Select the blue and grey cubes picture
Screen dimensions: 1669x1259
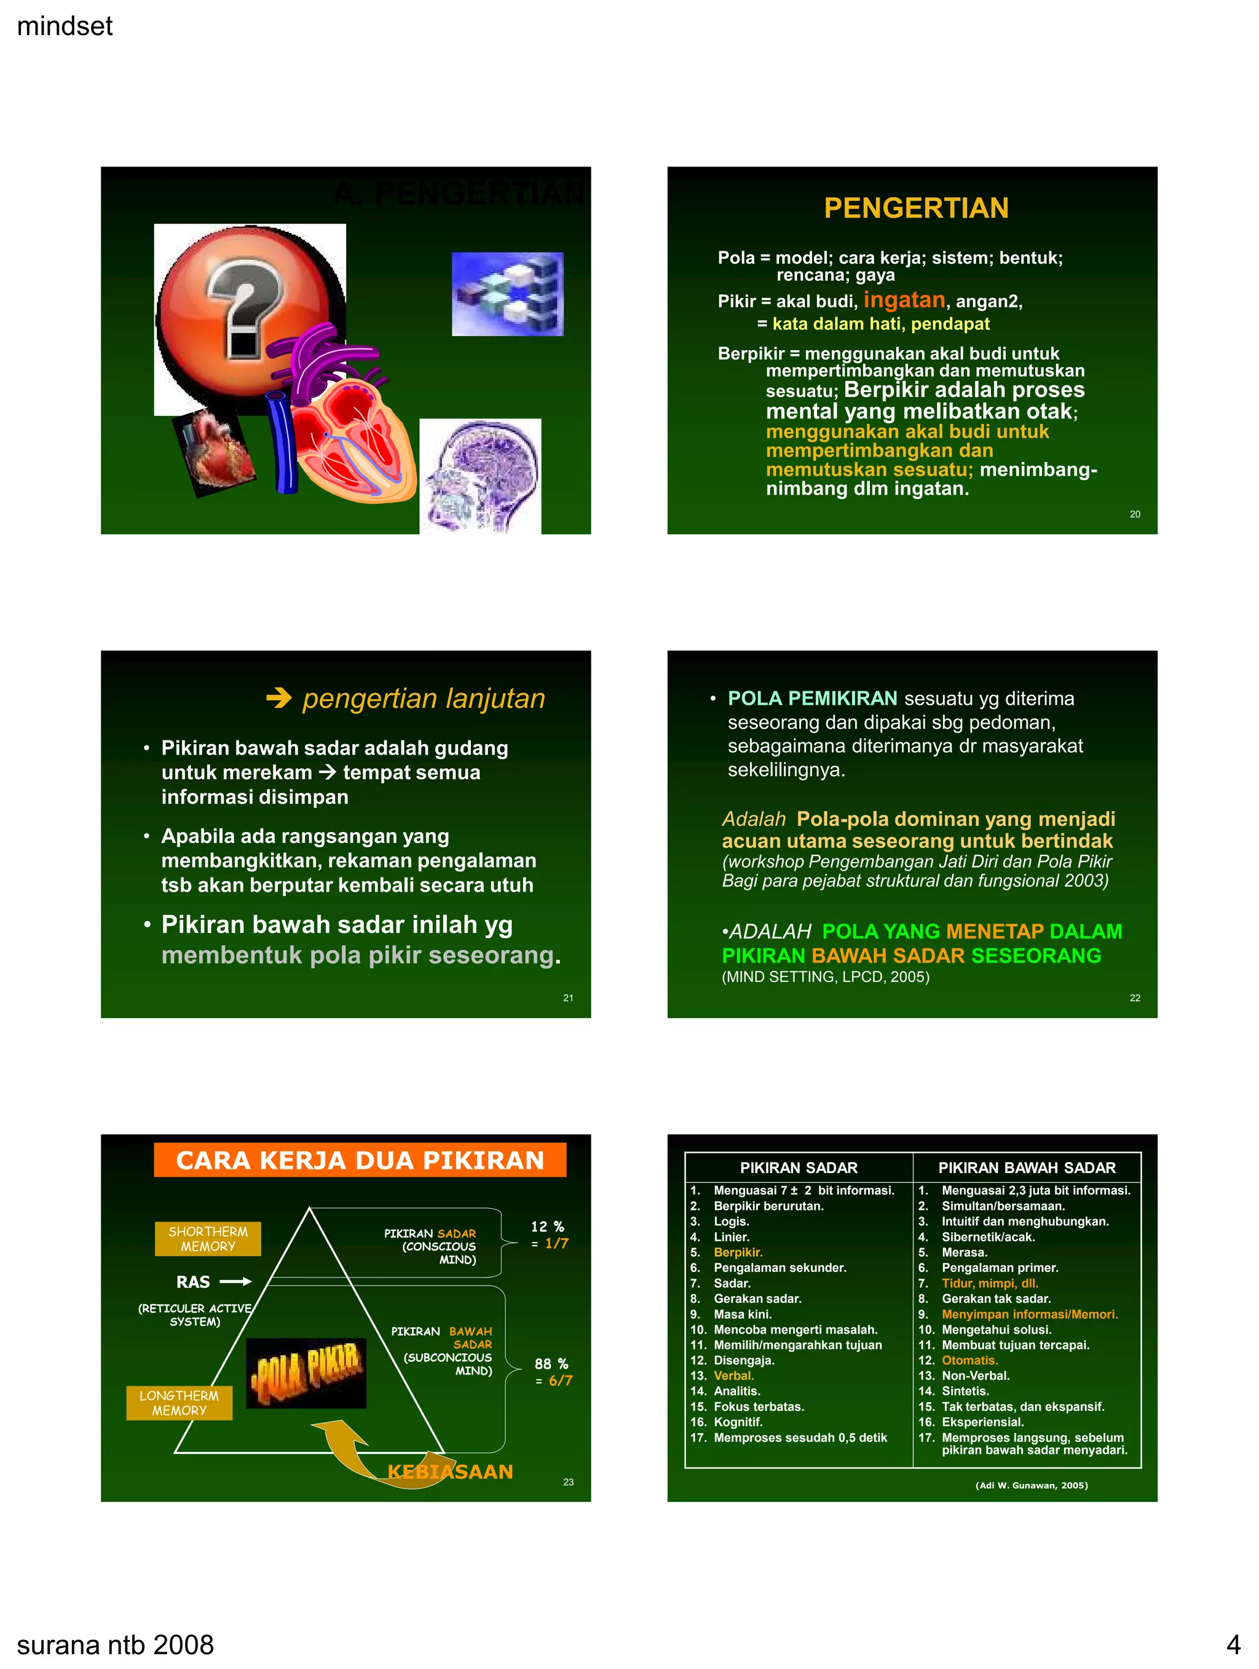click(x=508, y=294)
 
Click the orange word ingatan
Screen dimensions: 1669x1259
click(x=904, y=300)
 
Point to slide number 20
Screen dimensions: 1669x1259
click(x=1134, y=514)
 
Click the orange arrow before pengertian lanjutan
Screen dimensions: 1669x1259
click(x=278, y=698)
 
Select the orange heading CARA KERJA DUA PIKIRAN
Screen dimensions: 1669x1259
click(x=360, y=1160)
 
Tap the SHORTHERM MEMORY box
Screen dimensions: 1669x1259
click(x=208, y=1239)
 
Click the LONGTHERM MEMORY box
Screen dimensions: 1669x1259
click(x=179, y=1404)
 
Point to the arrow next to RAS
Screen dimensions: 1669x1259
click(x=235, y=1282)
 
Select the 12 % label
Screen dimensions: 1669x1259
click(x=547, y=1227)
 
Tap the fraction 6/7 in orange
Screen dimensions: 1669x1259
click(x=560, y=1381)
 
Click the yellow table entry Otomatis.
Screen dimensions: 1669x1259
click(x=969, y=1361)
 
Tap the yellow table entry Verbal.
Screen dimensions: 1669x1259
click(x=733, y=1375)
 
